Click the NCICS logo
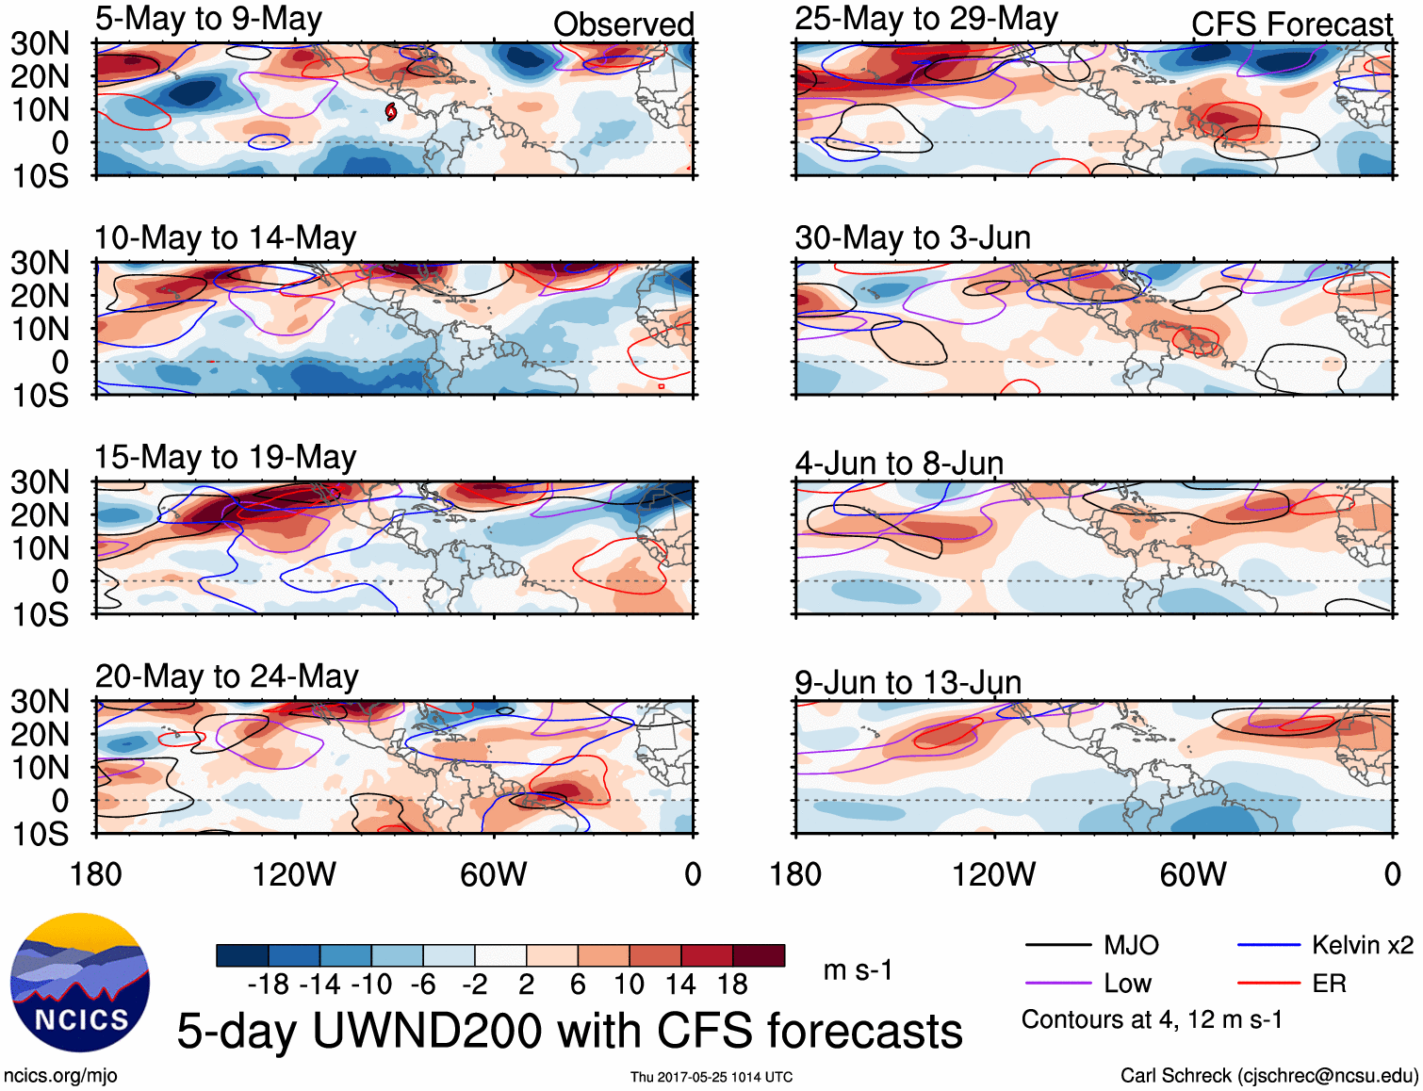tap(80, 983)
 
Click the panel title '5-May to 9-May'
tap(208, 19)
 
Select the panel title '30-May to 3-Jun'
tap(912, 237)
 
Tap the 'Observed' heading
tap(623, 24)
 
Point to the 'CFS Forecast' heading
tap(1291, 24)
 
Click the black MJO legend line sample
tap(1057, 945)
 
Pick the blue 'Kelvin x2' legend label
tap(1362, 945)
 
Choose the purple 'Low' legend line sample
tap(1057, 984)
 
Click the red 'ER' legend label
tap(1329, 984)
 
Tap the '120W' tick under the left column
tap(294, 874)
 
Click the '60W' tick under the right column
tap(1193, 874)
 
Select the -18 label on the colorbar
tap(269, 985)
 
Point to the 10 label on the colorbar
tap(629, 985)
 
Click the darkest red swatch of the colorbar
tap(759, 955)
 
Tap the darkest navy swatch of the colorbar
tap(242, 955)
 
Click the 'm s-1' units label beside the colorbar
tap(858, 970)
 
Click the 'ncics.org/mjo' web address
tap(60, 1076)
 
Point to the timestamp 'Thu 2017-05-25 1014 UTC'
tap(711, 1077)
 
